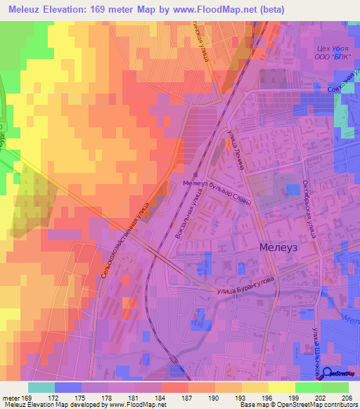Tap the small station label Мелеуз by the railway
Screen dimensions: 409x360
pyautogui.click(x=195, y=183)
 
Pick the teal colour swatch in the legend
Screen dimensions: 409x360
pyautogui.click(x=41, y=387)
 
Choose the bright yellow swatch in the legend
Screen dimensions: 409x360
pyautogui.click(x=282, y=387)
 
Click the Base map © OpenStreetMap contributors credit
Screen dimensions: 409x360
pyautogui.click(x=297, y=405)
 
